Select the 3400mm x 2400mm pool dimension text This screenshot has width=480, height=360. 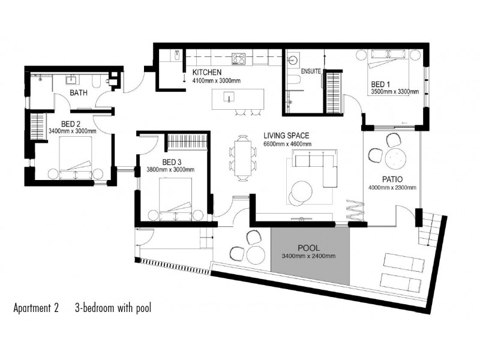pyautogui.click(x=310, y=256)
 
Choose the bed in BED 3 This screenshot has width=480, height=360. pyautogui.click(x=175, y=198)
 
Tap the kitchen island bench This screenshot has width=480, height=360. pyautogui.click(x=239, y=97)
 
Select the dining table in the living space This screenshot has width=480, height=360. pyautogui.click(x=242, y=157)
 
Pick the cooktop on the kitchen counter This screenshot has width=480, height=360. pyautogui.click(x=239, y=59)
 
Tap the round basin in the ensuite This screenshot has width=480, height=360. pyautogui.click(x=294, y=61)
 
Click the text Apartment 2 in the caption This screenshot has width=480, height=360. pyautogui.click(x=36, y=309)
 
